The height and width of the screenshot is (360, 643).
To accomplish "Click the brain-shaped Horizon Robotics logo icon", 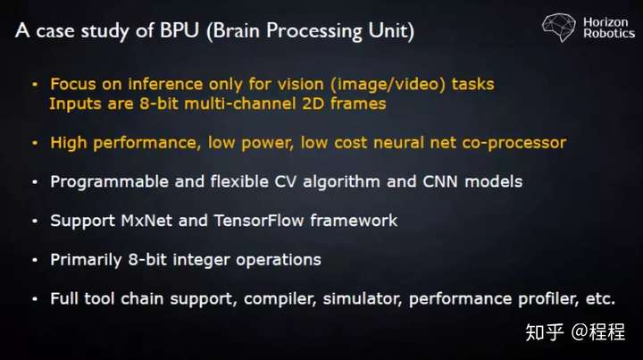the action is [558, 27].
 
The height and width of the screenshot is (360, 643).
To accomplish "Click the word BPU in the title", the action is [180, 30].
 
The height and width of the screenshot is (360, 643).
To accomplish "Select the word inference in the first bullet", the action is [165, 84].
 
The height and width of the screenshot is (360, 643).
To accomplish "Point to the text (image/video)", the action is [388, 85].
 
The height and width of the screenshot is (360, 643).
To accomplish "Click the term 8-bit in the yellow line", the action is [159, 104].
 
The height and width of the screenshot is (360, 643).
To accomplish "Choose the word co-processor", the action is [514, 144].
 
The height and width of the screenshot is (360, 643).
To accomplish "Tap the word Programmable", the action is [109, 182].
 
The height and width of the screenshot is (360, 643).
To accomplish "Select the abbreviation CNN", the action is [440, 181].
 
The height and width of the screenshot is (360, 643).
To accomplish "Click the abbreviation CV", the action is [285, 181].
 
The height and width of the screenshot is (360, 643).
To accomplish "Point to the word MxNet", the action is [146, 221].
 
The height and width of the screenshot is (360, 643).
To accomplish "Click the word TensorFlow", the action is [259, 221].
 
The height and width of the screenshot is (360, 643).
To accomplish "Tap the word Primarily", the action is [86, 260].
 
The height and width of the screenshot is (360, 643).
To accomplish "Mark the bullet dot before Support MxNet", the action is [35, 221].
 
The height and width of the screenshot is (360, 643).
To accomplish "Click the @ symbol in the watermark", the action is [579, 331].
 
